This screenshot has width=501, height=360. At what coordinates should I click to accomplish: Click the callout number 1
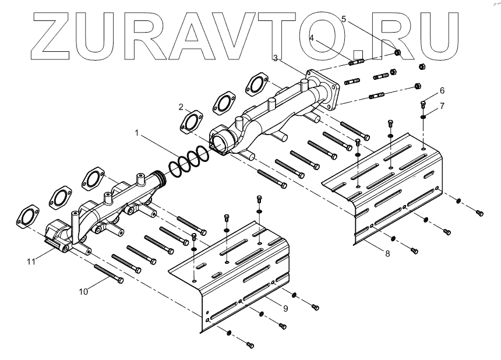(137, 133)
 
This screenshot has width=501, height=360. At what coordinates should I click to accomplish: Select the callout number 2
(182, 107)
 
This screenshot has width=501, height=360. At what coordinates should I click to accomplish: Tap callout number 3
(275, 58)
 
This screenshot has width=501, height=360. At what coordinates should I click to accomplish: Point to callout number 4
(312, 38)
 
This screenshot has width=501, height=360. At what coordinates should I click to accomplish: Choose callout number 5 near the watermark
(344, 19)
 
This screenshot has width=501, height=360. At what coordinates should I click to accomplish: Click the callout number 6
(442, 90)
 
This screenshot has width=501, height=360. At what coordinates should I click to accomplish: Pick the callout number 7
(442, 105)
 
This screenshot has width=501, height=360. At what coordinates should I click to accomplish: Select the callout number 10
(83, 291)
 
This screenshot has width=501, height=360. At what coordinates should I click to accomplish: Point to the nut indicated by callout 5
(397, 52)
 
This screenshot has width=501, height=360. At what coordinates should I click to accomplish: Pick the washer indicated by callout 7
(423, 115)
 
